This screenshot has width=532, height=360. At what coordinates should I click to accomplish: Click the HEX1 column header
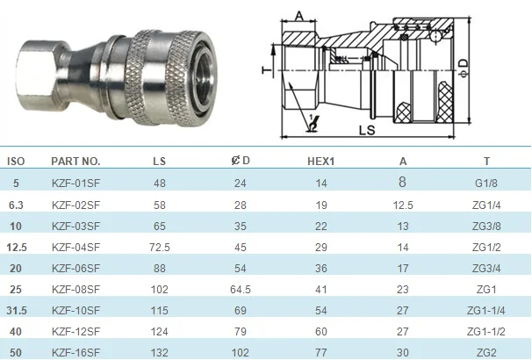[320, 161]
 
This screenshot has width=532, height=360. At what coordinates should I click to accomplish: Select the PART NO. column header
[75, 161]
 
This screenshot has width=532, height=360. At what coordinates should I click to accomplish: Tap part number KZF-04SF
[75, 248]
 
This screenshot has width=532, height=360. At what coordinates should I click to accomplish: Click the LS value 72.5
[160, 248]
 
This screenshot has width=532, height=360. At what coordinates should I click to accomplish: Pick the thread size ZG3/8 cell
[486, 227]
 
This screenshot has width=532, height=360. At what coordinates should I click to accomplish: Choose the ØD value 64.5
[241, 290]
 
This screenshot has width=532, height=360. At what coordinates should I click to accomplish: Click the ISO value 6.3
[16, 205]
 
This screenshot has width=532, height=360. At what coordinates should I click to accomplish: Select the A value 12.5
[403, 205]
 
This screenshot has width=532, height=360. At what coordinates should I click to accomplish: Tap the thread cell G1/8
[486, 184]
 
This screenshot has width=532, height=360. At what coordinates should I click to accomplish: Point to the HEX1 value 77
[321, 353]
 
